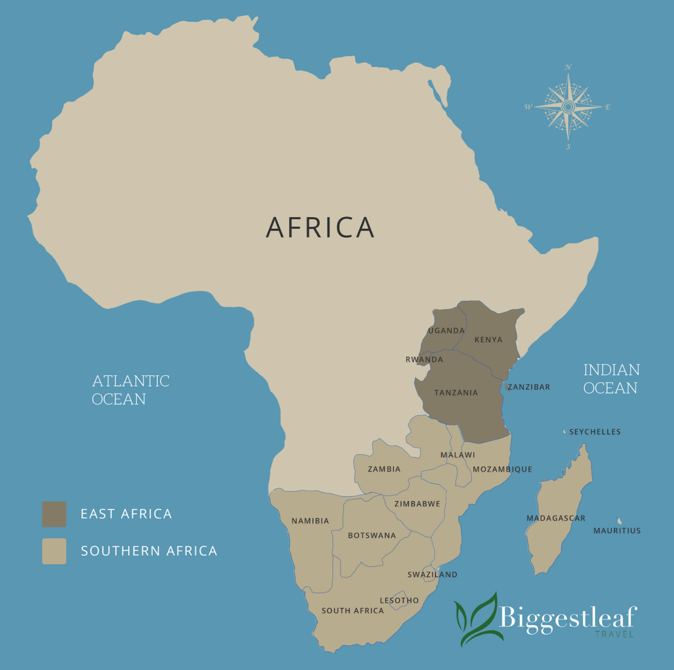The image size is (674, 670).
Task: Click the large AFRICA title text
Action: [x=320, y=227]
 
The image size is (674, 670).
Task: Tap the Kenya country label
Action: [x=488, y=339]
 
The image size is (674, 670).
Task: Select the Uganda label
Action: [x=447, y=331]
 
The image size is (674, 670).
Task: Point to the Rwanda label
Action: [x=424, y=360]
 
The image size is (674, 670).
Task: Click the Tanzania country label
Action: [x=456, y=393]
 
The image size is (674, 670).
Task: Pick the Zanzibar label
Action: [x=529, y=387]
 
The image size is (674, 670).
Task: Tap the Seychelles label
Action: [x=595, y=432]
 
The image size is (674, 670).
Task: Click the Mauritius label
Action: [x=617, y=531]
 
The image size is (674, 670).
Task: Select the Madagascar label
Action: [x=555, y=518]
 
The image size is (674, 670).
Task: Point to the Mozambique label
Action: [x=502, y=470]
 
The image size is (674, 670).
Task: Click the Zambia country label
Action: [x=384, y=469]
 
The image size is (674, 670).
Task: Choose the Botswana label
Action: [x=372, y=536]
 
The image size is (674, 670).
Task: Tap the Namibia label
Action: [x=310, y=521]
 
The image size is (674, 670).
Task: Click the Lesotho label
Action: [x=399, y=601]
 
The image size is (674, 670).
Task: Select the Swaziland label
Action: [x=432, y=575]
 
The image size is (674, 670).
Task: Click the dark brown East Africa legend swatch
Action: [x=54, y=514]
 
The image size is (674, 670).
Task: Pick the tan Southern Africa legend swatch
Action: [x=54, y=551]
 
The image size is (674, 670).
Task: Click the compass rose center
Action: [x=568, y=107]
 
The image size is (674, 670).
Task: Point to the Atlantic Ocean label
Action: [x=130, y=390]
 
